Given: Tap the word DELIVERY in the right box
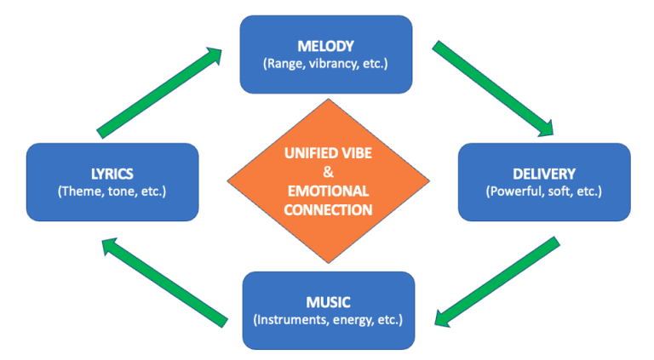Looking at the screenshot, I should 544,173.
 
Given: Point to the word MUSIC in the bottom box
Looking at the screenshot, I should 328,302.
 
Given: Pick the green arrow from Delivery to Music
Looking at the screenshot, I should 496,282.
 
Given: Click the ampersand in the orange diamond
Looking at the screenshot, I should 327,174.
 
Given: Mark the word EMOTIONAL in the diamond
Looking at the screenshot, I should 327,191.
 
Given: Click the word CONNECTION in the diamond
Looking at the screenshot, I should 327,209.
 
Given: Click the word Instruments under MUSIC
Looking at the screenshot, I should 294,320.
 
